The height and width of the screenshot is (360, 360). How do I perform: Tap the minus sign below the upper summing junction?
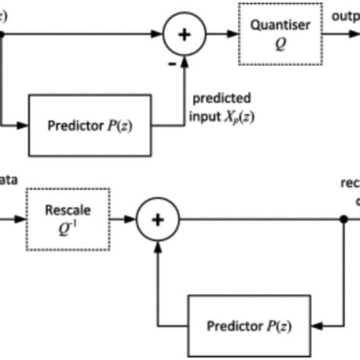(172, 65)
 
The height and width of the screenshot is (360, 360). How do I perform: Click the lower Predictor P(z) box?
(247, 326)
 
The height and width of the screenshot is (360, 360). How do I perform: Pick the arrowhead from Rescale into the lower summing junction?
(131, 220)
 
